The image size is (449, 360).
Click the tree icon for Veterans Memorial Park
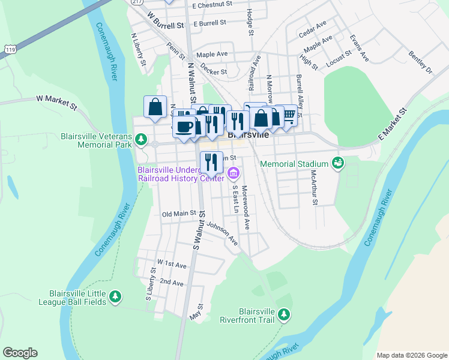[x=141, y=140]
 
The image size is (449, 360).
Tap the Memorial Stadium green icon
[x=337, y=163]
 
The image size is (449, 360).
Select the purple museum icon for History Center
[x=234, y=175]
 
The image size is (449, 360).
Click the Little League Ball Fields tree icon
[x=115, y=296]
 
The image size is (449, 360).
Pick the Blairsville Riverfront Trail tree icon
[x=283, y=314]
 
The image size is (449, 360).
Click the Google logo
[x=20, y=353]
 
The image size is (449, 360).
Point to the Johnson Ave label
[x=222, y=234]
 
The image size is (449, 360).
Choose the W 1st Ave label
[x=172, y=263]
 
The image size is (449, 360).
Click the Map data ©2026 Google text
[x=411, y=355]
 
